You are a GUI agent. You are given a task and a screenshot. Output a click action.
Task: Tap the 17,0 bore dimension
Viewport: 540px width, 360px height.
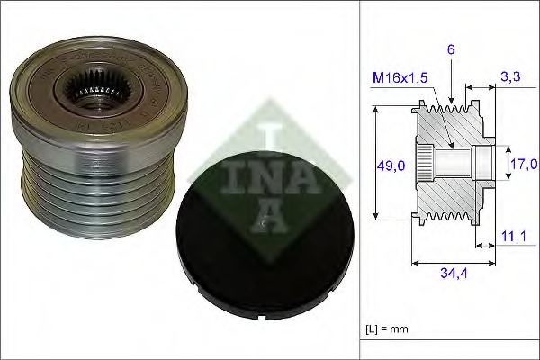click(x=523, y=164)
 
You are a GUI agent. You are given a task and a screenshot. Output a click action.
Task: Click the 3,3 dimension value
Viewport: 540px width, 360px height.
click(x=509, y=79)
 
